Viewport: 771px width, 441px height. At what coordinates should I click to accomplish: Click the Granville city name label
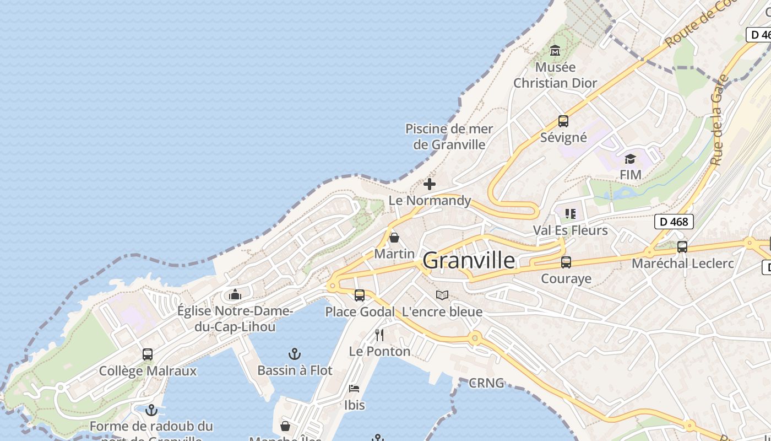point(469,260)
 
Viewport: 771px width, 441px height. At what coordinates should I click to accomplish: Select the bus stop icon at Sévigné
point(563,121)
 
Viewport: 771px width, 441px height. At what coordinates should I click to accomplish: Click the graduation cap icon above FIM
point(630,159)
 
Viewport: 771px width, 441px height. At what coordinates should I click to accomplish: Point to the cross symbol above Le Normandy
point(430,184)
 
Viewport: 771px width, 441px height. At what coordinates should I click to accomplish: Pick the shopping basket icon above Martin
point(394,238)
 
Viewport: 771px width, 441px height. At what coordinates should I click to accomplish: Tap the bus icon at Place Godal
point(360,295)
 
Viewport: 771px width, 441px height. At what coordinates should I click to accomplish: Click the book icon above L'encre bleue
point(442,295)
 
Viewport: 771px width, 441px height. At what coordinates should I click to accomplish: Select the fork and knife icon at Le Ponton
point(379,335)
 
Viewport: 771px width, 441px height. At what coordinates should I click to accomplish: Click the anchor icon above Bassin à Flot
point(295,353)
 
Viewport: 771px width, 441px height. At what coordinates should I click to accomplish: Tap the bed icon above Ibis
point(354,389)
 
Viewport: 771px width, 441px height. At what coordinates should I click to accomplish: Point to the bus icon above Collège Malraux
point(148,354)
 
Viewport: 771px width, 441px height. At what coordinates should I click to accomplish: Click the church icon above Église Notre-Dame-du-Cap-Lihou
point(235,294)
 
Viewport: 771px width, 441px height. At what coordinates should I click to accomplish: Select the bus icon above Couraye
point(566,262)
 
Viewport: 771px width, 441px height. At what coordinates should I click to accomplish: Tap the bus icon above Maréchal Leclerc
point(682,247)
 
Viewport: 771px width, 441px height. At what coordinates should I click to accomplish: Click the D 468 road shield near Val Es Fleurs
point(674,222)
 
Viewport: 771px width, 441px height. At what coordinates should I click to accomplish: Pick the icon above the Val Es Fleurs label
point(571,213)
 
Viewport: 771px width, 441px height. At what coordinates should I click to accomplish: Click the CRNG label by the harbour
point(486,383)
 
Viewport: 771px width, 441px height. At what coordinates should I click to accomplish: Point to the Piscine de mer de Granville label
point(449,137)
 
